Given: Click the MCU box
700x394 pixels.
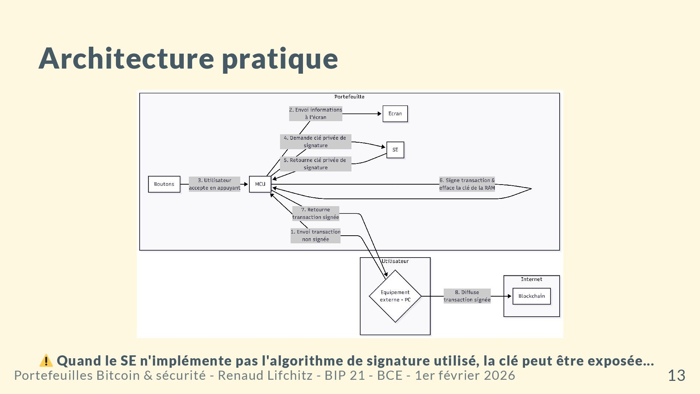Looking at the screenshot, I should coord(260,184).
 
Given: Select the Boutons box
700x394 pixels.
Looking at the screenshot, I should coord(164,184).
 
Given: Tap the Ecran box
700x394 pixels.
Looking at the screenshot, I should coord(395,114).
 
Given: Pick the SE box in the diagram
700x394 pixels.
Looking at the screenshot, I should coord(395,150).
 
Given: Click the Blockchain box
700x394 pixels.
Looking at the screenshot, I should coord(531,296).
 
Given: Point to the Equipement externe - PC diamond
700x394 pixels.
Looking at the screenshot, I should coord(395,296).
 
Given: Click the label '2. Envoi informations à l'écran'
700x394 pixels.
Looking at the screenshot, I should coord(315,113).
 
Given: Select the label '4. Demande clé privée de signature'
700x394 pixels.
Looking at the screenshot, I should coord(315,142).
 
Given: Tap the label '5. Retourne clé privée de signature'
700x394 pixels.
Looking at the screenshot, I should coord(315,164).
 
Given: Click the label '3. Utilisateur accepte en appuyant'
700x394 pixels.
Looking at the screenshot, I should coord(214,184).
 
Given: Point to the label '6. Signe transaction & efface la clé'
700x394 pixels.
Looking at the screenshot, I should coord(467,184).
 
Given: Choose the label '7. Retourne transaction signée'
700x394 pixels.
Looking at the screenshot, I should coord(315,213).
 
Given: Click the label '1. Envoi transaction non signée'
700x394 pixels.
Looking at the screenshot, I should coord(315,236).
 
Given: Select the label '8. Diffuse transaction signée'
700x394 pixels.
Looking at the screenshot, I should coord(467,296).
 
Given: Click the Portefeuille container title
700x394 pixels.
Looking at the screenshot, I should coord(349,97).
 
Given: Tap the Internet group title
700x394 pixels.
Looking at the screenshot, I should coord(531,279).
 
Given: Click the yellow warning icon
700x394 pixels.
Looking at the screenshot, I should coord(46,360).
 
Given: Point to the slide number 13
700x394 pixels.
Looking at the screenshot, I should coord(676,375).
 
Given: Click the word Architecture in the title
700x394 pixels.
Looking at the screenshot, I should coord(126,58).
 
